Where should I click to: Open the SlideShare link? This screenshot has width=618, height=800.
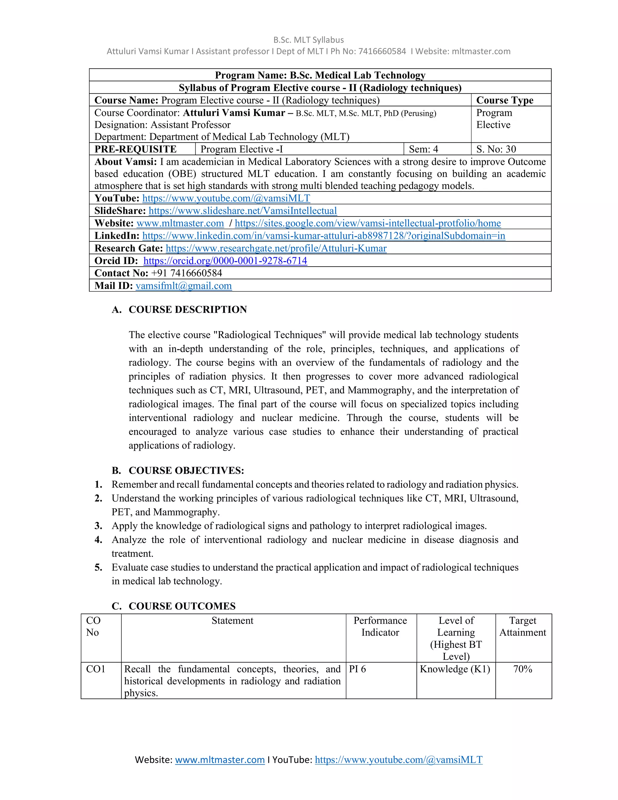[242, 211]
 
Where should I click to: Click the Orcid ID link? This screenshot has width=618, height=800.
[225, 261]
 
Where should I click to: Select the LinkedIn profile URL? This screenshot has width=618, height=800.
[324, 235]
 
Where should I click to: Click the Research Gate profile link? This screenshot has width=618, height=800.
[276, 248]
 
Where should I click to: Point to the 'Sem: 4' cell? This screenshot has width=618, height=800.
[423, 149]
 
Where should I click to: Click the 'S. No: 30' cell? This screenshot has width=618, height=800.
[496, 149]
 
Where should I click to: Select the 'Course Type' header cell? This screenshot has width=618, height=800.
[505, 100]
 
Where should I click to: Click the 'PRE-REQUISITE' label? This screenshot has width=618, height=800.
[135, 149]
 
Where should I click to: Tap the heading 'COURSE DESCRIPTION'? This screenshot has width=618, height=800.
[187, 309]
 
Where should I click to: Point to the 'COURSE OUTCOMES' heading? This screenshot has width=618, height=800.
[182, 606]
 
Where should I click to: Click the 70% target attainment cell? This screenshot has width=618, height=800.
[522, 669]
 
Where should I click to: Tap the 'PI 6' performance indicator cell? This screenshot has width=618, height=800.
[357, 669]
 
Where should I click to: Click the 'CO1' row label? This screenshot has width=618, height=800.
[96, 669]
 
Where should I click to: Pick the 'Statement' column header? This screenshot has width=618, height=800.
[232, 620]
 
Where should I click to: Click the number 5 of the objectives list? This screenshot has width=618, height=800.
[98, 568]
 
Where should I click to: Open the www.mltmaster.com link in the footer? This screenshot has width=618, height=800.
[220, 760]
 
